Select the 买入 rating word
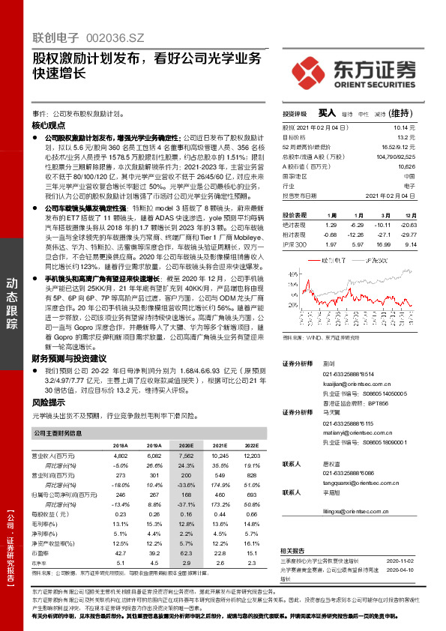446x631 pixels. point(326,112)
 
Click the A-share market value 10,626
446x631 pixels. point(406,166)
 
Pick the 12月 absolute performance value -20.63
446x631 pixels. point(407,224)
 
